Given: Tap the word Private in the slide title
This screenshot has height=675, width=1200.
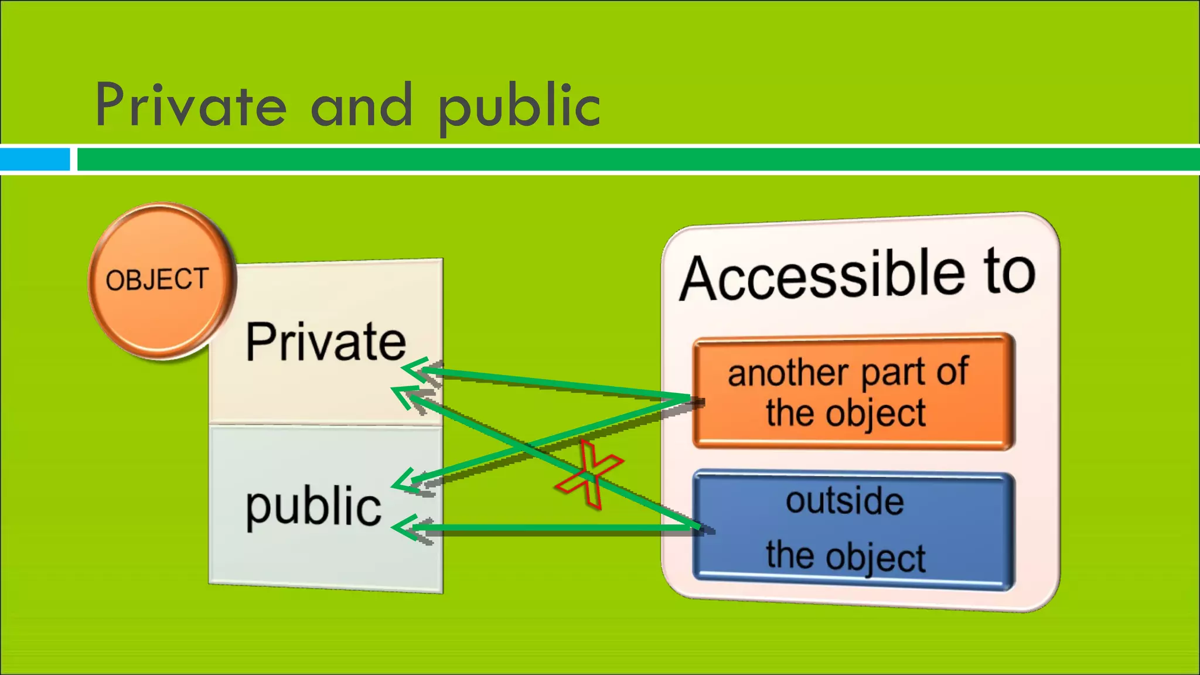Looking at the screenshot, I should [x=191, y=105].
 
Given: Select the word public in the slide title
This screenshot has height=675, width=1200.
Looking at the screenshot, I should [x=519, y=107].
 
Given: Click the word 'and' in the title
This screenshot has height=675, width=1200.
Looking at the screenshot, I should [x=362, y=105].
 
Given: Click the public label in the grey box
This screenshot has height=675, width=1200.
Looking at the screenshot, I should [x=313, y=506].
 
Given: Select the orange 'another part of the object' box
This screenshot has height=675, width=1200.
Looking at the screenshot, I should [x=853, y=391].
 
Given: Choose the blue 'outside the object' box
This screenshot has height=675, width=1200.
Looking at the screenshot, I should [x=853, y=530].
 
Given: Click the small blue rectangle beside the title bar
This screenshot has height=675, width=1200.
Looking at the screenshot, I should [x=35, y=159].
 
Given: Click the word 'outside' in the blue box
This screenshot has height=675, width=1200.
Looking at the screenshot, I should [x=844, y=501].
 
